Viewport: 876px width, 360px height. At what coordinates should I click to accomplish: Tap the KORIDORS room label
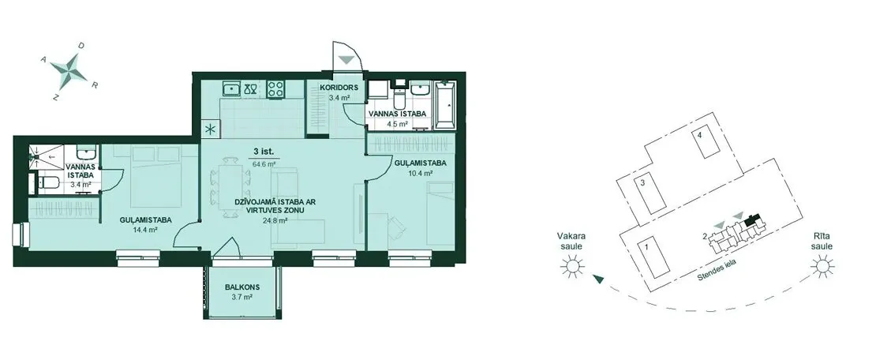coord(335,88)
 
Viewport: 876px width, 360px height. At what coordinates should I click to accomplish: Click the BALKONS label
coord(243,287)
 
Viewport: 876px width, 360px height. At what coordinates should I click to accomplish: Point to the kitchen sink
coord(231,89)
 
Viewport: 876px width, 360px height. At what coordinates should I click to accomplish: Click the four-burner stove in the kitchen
coord(275,89)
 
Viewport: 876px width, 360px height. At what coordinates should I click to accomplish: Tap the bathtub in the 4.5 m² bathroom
coord(444,104)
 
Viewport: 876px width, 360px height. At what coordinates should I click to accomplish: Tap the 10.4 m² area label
coord(421,174)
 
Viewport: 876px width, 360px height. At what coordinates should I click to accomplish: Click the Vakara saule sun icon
coord(573,265)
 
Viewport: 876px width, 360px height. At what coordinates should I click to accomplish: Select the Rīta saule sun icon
coord(823,265)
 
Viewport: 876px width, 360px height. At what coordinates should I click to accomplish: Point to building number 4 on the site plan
coord(699,134)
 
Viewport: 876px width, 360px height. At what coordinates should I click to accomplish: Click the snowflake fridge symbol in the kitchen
coord(211,129)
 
